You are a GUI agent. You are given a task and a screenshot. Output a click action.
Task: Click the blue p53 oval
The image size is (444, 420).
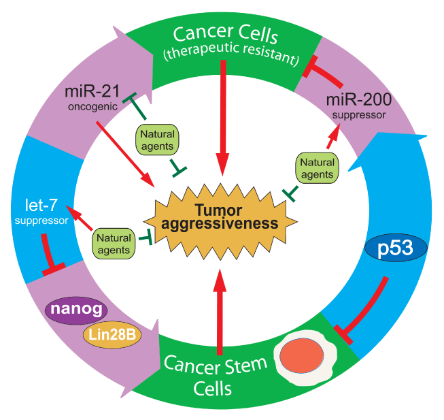(396, 249)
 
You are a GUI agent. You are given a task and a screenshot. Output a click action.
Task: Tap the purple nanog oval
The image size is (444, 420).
(76, 310)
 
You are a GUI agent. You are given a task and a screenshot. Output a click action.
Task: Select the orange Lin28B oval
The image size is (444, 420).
(112, 334)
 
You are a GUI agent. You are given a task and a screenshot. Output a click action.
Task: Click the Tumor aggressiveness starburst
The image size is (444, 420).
(220, 216)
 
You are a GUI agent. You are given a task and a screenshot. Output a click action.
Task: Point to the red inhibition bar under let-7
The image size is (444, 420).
(49, 255)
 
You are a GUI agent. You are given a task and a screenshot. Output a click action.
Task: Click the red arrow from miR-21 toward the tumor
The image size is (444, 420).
(124, 152)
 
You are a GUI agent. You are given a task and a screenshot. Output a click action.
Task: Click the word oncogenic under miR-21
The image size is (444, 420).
(88, 107)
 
